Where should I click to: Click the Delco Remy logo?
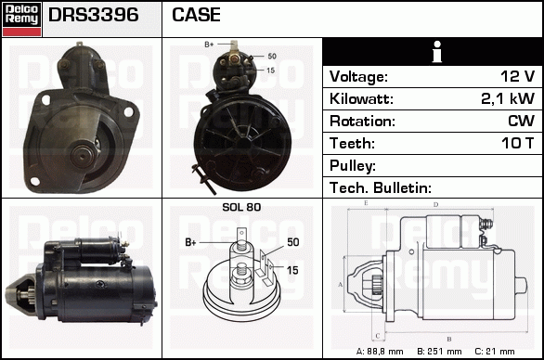21,19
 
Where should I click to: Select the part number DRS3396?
94,15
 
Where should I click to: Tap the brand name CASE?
196,15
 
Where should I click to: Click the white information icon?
437,52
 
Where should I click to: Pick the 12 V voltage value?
517,76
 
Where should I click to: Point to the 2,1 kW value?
508,98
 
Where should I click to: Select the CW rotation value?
521,121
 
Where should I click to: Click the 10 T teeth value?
517,143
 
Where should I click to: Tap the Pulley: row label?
353,166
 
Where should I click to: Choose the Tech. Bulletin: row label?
381,188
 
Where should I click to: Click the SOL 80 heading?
241,207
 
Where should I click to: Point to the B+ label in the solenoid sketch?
190,242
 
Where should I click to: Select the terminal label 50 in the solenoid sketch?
293,242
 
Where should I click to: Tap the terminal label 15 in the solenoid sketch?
292,270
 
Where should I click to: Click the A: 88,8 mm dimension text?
380,352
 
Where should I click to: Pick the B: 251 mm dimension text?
439,352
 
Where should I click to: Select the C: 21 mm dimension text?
495,352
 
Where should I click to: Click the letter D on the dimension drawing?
435,205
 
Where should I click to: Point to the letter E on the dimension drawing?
366,203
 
